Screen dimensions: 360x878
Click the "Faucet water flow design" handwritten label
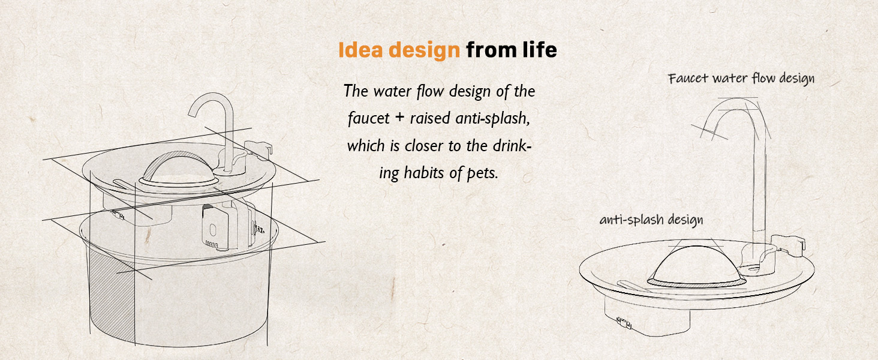coord(741,79)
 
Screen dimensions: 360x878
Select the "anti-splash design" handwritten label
coord(651,220)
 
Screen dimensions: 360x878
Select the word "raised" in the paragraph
coord(429,119)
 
